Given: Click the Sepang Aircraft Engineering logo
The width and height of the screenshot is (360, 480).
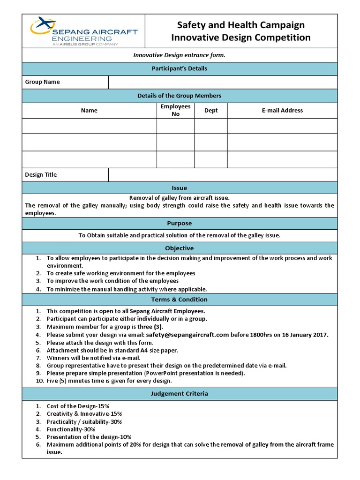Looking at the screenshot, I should pyautogui.click(x=83, y=31).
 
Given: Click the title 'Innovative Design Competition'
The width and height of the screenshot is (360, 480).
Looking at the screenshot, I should pyautogui.click(x=241, y=37).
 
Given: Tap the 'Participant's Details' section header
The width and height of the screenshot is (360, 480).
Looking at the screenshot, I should pyautogui.click(x=180, y=68).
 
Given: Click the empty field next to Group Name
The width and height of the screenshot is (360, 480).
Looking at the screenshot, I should pyautogui.click(x=223, y=82).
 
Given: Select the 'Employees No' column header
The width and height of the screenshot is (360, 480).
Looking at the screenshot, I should pyautogui.click(x=175, y=110).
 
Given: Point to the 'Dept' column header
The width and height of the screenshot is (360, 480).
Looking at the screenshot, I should pyautogui.click(x=211, y=111).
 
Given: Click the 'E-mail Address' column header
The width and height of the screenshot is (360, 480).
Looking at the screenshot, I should pyautogui.click(x=282, y=111).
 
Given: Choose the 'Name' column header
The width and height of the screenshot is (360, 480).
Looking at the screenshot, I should pyautogui.click(x=89, y=111).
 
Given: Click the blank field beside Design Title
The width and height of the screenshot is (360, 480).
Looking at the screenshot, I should pyautogui.click(x=223, y=175).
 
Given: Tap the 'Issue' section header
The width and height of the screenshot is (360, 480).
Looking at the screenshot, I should pyautogui.click(x=180, y=188).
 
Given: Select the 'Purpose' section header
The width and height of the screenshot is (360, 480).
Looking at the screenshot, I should pyautogui.click(x=180, y=224).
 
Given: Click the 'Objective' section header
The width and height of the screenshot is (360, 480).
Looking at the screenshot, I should pyautogui.click(x=180, y=248).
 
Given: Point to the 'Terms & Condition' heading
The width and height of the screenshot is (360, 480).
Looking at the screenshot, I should pyautogui.click(x=180, y=300).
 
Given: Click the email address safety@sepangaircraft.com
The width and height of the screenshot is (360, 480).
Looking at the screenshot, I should pyautogui.click(x=187, y=335).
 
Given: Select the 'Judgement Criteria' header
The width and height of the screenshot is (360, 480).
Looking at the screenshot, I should pyautogui.click(x=180, y=394).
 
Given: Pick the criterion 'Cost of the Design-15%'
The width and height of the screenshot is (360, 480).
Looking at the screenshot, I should pyautogui.click(x=78, y=406).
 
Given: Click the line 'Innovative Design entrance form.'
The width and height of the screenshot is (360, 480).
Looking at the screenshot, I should pyautogui.click(x=180, y=55).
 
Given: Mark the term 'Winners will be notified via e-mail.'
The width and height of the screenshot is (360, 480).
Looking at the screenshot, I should pyautogui.click(x=93, y=358).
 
